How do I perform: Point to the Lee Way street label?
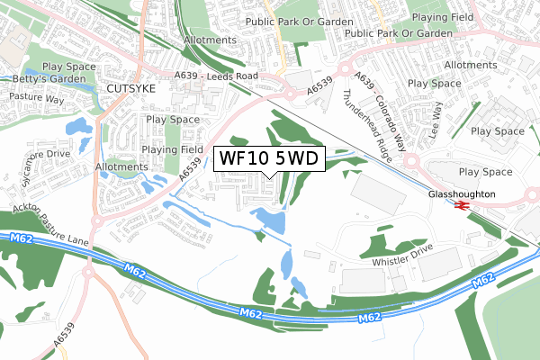pyautogui.click(x=438, y=119)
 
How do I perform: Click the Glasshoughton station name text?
pyautogui.click(x=462, y=193)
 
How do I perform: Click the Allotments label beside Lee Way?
pyautogui.click(x=470, y=66)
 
